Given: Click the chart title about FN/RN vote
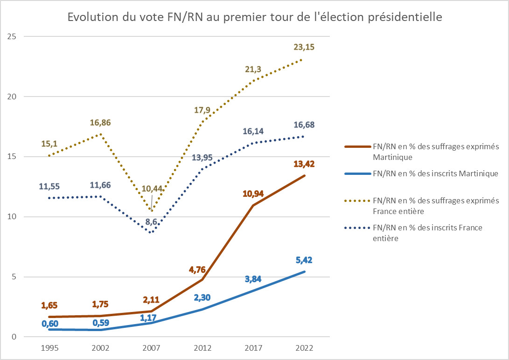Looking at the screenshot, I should [x=254, y=17].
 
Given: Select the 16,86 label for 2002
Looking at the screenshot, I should [x=101, y=123].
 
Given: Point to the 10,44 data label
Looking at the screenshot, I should [x=151, y=188].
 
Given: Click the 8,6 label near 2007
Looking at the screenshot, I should [x=151, y=222].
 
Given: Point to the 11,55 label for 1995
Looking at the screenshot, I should [x=50, y=187].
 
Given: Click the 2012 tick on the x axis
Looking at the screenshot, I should [x=202, y=348].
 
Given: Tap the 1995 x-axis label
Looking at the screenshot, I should [x=50, y=348].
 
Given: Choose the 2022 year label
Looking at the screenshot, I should [x=304, y=348].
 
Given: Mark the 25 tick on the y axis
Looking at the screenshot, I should [x=12, y=36].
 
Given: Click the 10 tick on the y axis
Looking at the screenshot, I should [x=12, y=216].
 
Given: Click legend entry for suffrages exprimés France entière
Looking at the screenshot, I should [x=436, y=205].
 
